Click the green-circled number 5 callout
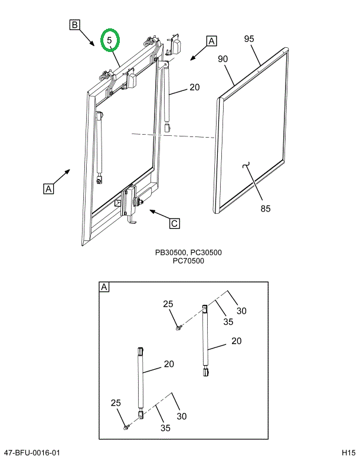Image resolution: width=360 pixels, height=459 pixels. [x=109, y=40]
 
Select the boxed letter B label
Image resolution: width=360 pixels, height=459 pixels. [x=75, y=25]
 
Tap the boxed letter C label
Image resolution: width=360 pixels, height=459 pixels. [x=174, y=223]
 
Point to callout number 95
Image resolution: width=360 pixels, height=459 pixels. [x=248, y=39]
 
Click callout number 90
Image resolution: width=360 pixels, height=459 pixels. [x=222, y=59]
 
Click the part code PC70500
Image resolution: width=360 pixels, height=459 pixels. [x=188, y=261]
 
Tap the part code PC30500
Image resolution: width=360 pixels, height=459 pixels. [x=205, y=253]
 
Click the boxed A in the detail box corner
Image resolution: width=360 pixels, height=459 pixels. [x=104, y=287]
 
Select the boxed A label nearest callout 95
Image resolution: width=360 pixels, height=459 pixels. [x=211, y=41]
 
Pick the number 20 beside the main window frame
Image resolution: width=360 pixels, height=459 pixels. [x=195, y=87]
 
